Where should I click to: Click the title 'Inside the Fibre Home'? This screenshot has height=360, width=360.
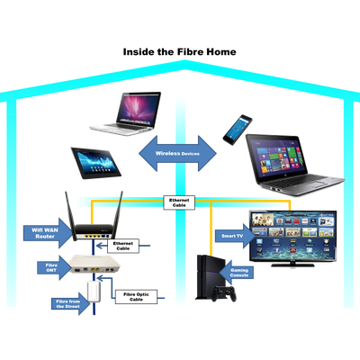tap(179, 52)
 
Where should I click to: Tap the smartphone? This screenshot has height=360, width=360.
tap(238, 130)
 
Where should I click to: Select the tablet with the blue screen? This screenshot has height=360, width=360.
tap(95, 163)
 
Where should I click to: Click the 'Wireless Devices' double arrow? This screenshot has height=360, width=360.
tap(177, 153)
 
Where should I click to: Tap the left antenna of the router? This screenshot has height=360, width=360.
tap(70, 211)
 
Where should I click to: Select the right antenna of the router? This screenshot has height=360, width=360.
tap(119, 210)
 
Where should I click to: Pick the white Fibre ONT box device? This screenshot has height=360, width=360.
tap(94, 265)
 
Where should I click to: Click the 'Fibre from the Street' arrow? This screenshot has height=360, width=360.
tap(70, 303)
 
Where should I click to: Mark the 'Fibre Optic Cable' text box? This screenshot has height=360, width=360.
tap(136, 297)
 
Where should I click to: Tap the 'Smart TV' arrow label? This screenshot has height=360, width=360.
tap(235, 236)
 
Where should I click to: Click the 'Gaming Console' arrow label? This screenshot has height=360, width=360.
tap(236, 273)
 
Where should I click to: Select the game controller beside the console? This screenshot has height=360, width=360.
tap(224, 293)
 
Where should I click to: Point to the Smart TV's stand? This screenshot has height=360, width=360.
tap(292, 265)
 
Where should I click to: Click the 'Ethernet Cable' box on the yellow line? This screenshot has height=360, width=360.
tap(179, 202)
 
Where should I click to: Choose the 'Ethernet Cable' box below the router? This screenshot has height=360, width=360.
tap(123, 246)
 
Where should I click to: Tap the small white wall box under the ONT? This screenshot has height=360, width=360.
tap(94, 292)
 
